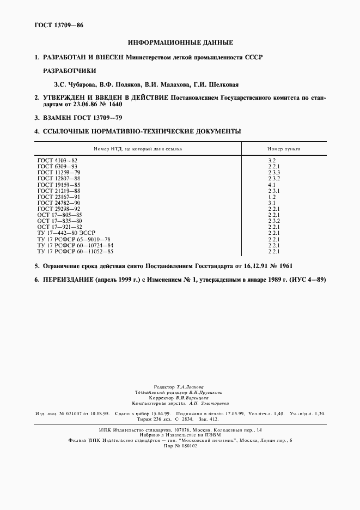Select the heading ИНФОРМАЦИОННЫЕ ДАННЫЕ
point(180,42)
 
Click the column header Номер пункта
point(283,148)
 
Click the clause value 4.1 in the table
point(271,186)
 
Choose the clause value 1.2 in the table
point(271,197)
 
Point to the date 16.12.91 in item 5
point(258,265)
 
